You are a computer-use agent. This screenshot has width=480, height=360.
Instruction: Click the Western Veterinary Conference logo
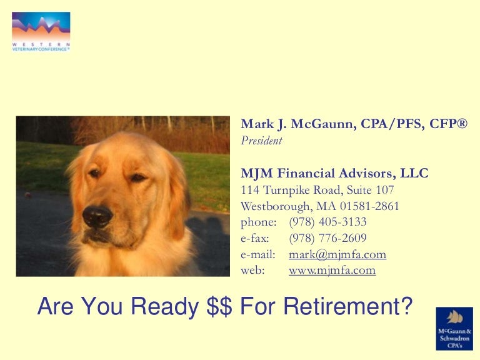point(41,31)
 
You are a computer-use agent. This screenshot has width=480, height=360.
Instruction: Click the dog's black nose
point(97,216)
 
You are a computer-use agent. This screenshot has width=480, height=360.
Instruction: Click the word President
point(261,141)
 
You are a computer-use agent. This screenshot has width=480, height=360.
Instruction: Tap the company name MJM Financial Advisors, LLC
point(334,173)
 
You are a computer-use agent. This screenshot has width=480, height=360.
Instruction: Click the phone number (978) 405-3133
point(327,222)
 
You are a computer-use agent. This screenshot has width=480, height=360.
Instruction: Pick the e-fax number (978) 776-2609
point(327,238)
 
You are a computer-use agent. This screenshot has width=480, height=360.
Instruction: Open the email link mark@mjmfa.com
point(337,254)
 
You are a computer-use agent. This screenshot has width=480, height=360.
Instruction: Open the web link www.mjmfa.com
point(332,271)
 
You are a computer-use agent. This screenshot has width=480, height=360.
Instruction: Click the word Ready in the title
point(164,306)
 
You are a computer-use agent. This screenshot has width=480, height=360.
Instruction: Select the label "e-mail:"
point(257,254)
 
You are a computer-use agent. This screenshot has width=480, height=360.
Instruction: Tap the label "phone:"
point(258,222)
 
